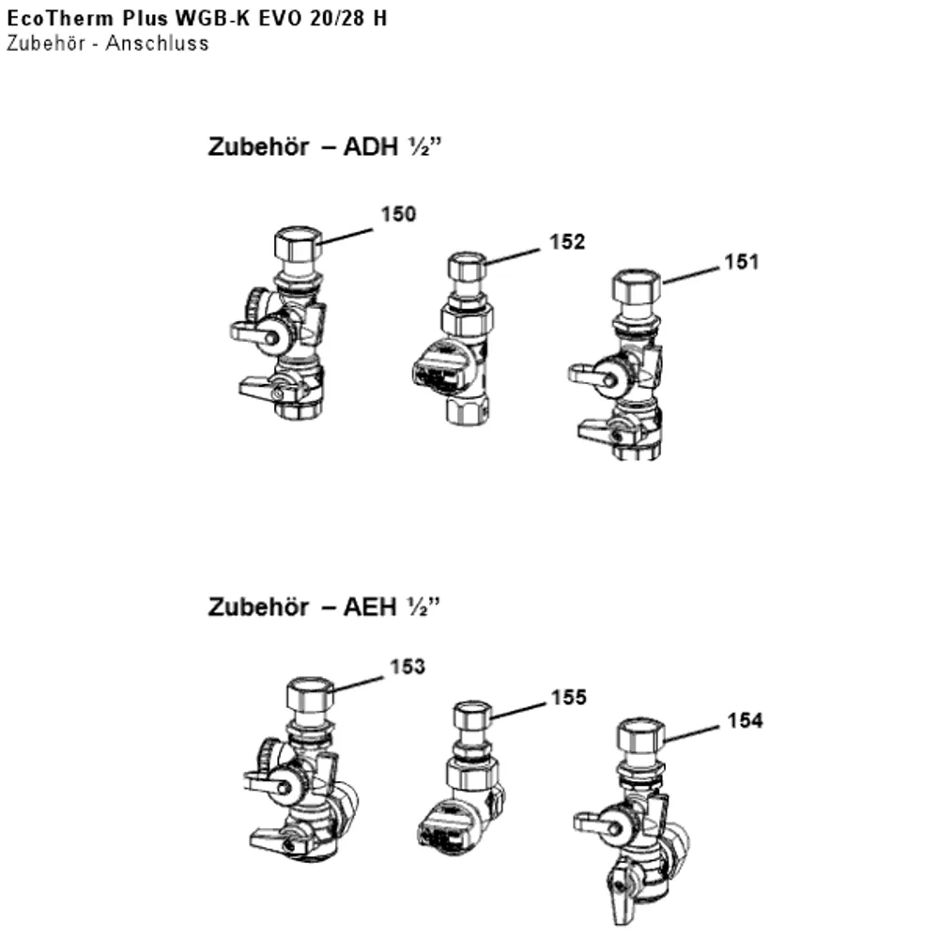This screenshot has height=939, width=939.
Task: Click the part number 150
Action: coord(398,214)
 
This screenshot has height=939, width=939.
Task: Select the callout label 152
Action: coord(567,242)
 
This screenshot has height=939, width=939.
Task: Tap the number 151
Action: coord(742,262)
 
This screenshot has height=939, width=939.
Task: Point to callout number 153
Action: coord(408,667)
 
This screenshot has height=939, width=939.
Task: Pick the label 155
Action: coord(568,697)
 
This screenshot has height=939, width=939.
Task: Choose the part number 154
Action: coord(745,720)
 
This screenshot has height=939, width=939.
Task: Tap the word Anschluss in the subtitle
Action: coord(158,44)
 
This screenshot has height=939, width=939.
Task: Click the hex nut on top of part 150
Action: coord(299,244)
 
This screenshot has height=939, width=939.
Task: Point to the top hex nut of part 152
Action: coord(467,266)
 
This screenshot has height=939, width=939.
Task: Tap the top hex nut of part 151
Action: coord(637,285)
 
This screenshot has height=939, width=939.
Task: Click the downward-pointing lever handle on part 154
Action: coord(621,899)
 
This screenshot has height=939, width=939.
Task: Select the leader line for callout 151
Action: coord(691,275)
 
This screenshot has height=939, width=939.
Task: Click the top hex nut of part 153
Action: coord(310,695)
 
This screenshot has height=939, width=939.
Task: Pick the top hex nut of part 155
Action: coord(472,715)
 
